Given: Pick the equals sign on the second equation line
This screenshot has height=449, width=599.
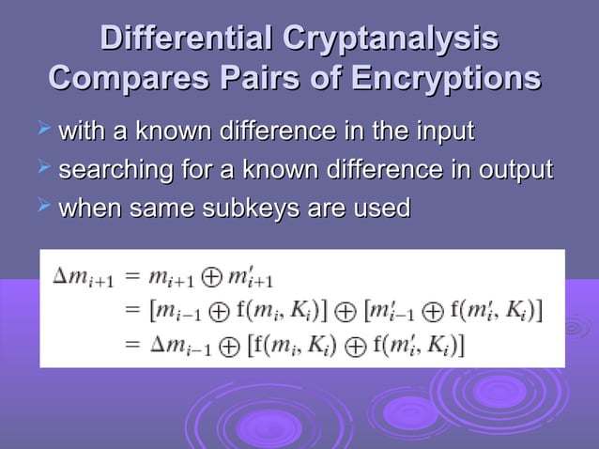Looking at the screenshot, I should point(131,310).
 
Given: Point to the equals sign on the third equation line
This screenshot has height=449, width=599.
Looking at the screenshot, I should point(131,345).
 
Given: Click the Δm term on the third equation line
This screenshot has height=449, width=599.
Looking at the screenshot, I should point(182,345).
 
